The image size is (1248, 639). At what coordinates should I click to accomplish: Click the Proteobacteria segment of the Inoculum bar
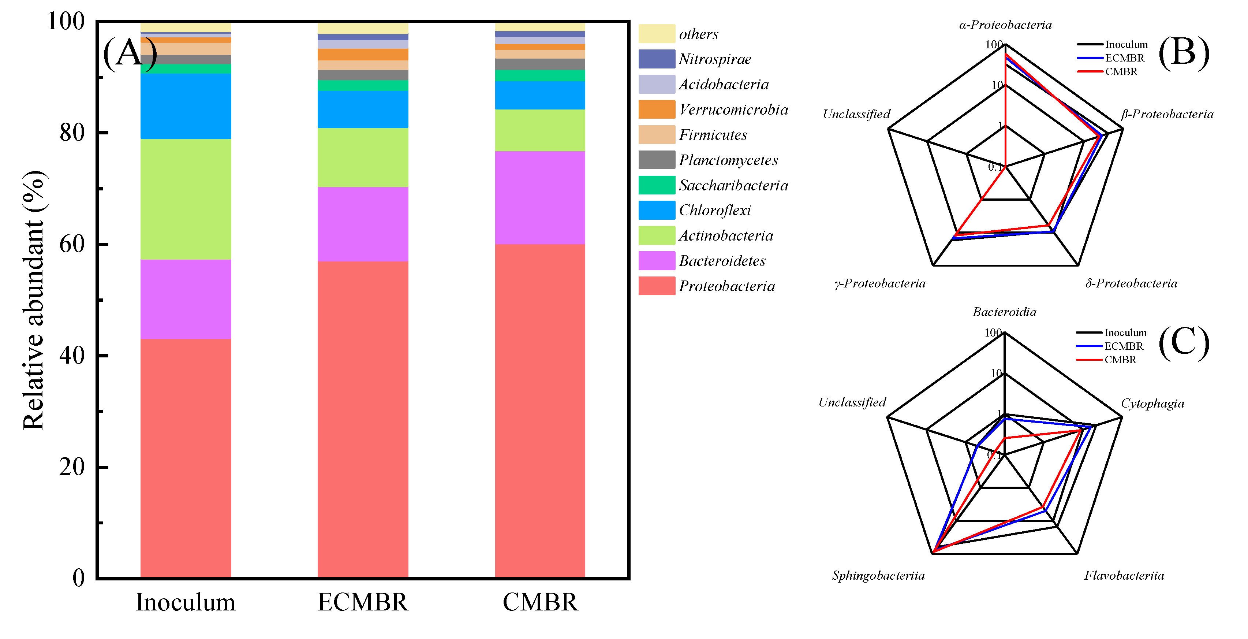(x=186, y=458)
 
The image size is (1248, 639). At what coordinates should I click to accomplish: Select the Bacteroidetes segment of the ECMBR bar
(x=363, y=224)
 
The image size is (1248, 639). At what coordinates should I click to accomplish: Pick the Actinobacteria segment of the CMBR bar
(x=540, y=130)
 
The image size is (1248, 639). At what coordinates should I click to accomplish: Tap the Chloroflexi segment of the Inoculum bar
(x=186, y=106)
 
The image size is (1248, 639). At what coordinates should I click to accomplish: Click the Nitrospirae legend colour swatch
(x=657, y=59)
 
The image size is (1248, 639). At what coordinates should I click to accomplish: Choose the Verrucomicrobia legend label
(x=733, y=109)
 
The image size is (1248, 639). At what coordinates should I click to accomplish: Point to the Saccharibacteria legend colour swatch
(x=657, y=185)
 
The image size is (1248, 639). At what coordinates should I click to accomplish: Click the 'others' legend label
(x=698, y=34)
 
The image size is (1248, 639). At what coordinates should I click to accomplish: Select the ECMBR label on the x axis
(x=363, y=602)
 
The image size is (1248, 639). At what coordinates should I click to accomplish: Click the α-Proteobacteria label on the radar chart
(x=1005, y=25)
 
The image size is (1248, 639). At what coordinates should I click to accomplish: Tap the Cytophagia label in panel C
(x=1152, y=404)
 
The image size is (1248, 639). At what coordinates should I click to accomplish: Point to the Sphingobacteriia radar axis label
(x=878, y=576)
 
